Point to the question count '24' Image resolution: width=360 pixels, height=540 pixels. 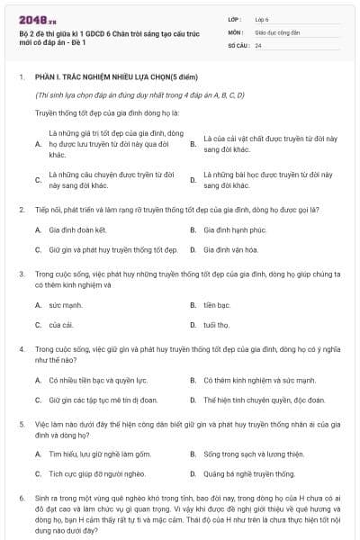(258, 44)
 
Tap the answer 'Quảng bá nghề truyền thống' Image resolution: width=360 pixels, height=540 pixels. (249, 474)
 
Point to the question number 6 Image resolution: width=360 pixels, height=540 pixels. (21, 498)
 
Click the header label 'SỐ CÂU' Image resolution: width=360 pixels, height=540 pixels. (238, 44)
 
